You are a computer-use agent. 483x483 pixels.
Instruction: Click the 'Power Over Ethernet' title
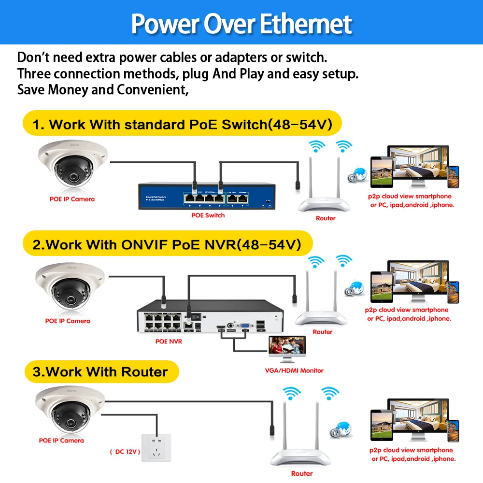241,23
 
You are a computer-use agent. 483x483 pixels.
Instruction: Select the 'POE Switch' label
208,215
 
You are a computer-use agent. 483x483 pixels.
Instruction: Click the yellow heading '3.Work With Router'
100,372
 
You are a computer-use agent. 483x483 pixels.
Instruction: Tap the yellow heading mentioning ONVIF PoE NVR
167,244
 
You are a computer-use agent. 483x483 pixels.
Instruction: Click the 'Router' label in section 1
326,218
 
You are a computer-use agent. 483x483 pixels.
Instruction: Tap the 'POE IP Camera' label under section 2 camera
68,321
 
